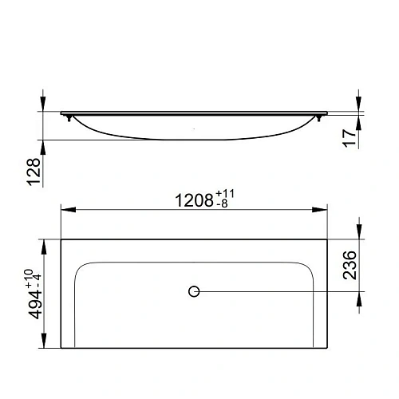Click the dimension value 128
coord(34,172)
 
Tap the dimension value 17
coord(349,138)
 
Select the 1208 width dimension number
coord(194,200)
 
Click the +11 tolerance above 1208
coord(225,194)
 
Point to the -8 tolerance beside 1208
coord(222,203)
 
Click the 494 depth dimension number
coord(35,305)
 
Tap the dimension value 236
coord(350,265)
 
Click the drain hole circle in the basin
coord(194,291)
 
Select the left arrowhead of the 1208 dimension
coord(69,210)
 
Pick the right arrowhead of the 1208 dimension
coord(320,210)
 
